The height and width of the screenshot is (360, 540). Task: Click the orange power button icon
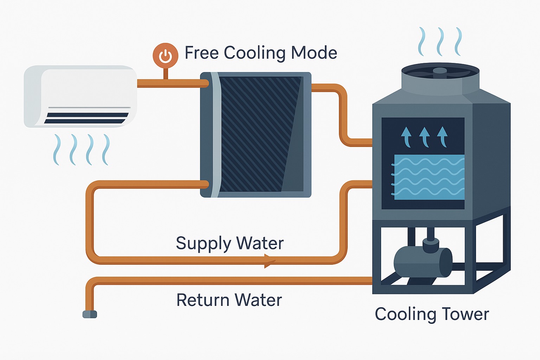(165, 56)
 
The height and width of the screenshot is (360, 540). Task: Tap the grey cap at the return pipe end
(90, 314)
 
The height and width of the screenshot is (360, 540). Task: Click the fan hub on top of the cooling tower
(440, 71)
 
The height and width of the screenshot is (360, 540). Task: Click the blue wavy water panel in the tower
(429, 177)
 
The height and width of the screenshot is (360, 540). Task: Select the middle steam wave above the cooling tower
(439, 41)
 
